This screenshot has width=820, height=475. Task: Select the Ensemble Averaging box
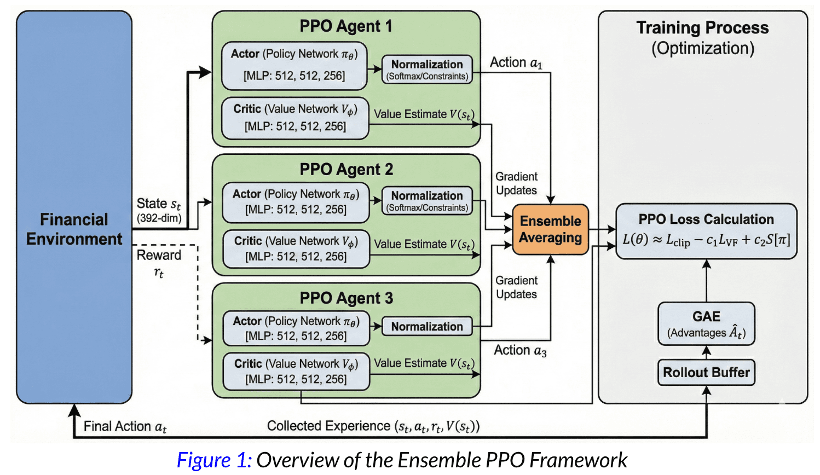click(550, 229)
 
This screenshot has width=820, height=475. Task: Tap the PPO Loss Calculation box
click(706, 230)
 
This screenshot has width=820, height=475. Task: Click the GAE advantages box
click(706, 324)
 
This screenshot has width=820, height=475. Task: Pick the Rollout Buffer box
click(706, 373)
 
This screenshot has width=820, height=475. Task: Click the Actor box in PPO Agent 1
click(294, 65)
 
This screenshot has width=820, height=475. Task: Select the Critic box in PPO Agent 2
click(296, 249)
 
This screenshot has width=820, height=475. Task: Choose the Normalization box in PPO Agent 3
click(427, 327)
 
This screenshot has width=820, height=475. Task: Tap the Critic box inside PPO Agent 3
click(296, 372)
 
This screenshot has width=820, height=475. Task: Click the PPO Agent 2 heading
click(346, 170)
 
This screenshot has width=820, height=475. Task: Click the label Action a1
click(516, 63)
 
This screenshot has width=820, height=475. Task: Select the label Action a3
click(520, 350)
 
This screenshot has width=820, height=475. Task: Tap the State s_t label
click(159, 204)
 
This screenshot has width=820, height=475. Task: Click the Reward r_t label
click(159, 263)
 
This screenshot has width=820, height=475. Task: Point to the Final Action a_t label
click(125, 426)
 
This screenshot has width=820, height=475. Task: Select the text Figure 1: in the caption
click(214, 460)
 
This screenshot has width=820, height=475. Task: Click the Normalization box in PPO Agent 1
click(427, 69)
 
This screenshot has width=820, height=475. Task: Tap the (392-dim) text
click(159, 218)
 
